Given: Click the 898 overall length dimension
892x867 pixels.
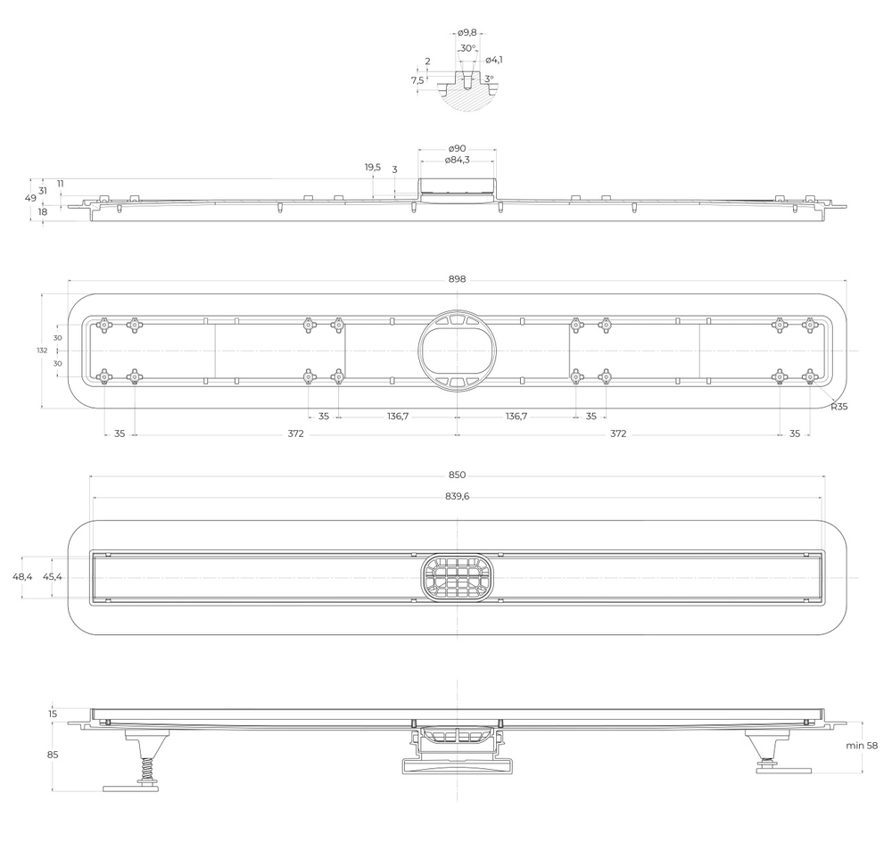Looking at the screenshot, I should point(457,279).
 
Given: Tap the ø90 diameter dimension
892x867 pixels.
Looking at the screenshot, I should point(457,148).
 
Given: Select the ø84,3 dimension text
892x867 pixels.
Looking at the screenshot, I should point(457,160).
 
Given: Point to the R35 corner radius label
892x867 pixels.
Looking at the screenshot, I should point(838,407).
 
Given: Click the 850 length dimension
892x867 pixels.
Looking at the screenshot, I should point(457,475).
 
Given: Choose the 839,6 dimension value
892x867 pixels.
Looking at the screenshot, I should point(457,497).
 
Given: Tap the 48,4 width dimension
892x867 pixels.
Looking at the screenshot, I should point(22,577).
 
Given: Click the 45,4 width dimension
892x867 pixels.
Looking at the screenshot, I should point(53,577).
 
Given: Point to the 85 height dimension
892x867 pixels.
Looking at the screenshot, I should point(52,755).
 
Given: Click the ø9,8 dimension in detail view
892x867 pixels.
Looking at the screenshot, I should point(467,33).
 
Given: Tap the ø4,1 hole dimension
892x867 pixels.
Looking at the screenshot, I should point(494,60).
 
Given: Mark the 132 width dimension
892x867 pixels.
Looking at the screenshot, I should point(42,351).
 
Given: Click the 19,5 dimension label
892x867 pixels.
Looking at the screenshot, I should point(372,167).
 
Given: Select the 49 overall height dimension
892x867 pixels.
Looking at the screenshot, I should point(29,199).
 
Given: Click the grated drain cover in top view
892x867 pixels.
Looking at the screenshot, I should point(457,577).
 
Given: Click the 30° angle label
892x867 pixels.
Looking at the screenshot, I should point(467,48).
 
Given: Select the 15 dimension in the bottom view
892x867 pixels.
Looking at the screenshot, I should point(52,714).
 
